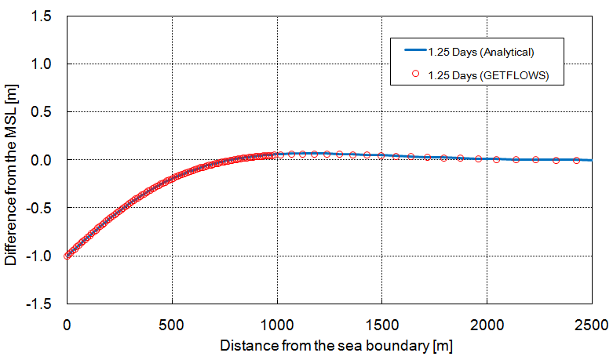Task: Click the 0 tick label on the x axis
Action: (x=67, y=321)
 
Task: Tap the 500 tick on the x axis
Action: (x=171, y=321)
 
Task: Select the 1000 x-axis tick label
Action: (x=276, y=321)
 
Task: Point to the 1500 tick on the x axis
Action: (x=381, y=321)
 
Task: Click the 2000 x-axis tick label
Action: (x=486, y=321)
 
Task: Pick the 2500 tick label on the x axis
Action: (x=590, y=321)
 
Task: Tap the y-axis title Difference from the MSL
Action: (x=11, y=160)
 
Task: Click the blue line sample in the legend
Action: (x=414, y=52)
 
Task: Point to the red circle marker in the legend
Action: (x=415, y=75)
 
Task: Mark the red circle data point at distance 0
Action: (x=67, y=256)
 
